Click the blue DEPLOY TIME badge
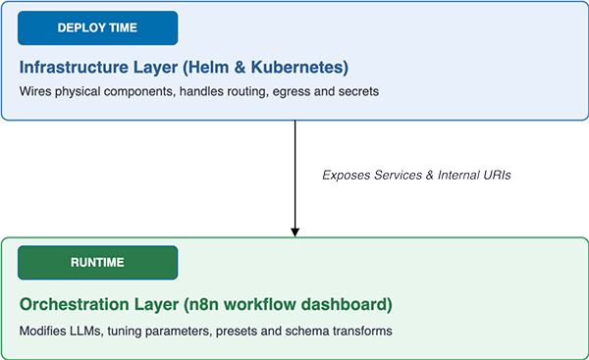(x=97, y=28)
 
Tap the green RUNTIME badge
(x=97, y=263)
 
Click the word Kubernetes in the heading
(x=299, y=68)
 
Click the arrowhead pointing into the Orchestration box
(x=294, y=232)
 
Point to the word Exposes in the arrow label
(x=347, y=175)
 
